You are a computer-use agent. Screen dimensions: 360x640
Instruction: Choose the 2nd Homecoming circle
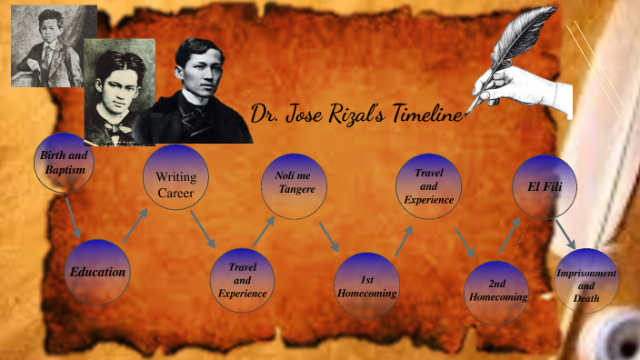pyautogui.click(x=496, y=289)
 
